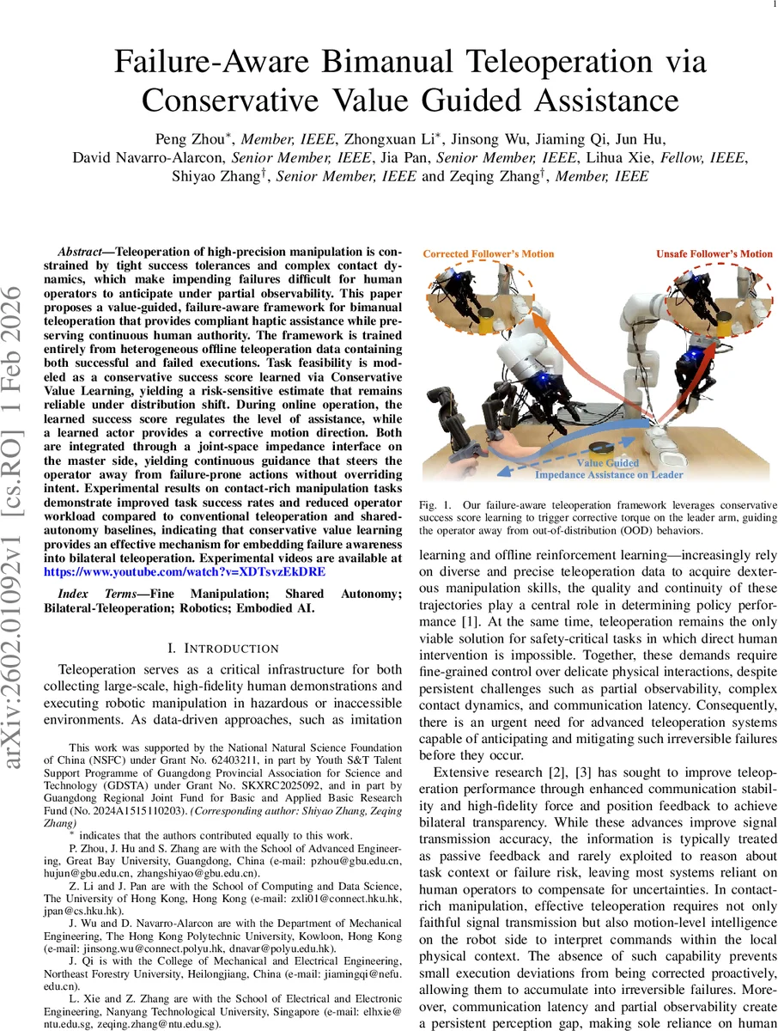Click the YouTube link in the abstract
[x=179, y=570]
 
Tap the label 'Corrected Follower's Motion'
[x=488, y=254]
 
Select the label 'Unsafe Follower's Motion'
[x=714, y=254]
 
